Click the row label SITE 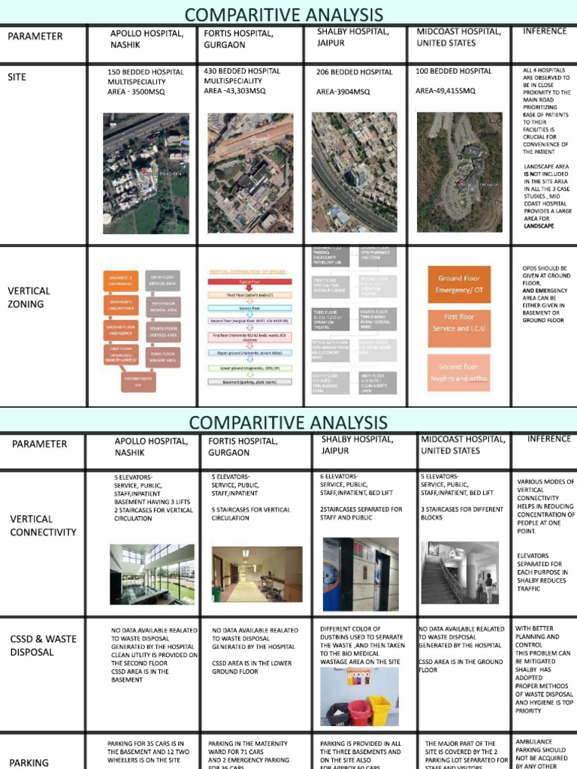click(x=17, y=77)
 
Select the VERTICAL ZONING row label click(x=29, y=297)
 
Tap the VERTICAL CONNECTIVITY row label click(x=43, y=525)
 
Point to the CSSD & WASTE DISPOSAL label click(x=43, y=645)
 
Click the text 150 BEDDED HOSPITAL click(x=145, y=72)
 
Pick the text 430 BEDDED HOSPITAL click(x=242, y=71)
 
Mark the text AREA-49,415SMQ click(x=446, y=91)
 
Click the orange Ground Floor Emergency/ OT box click(x=459, y=283)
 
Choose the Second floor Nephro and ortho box click(x=459, y=372)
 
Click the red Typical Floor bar click(x=249, y=283)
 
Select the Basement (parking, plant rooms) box click(x=249, y=382)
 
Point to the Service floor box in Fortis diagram click(x=249, y=308)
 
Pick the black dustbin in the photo click(x=337, y=715)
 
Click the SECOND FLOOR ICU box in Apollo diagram click(x=138, y=382)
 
